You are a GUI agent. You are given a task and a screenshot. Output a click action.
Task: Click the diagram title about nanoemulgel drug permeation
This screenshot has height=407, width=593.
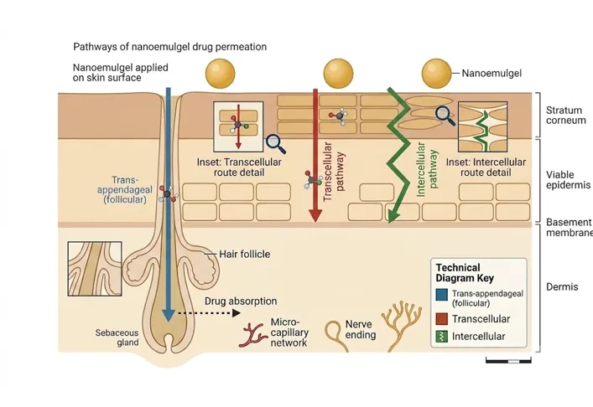point(169,47)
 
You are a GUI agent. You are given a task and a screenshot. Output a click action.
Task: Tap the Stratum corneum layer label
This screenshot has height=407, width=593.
point(566,116)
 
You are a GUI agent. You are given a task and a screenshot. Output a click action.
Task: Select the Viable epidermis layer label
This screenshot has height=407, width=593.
point(568,180)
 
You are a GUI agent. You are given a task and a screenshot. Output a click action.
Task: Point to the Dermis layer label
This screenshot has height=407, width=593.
point(562,287)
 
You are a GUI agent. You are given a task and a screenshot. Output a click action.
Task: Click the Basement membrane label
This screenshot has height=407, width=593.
point(570,227)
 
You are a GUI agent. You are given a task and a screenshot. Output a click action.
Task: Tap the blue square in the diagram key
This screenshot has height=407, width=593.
point(442,295)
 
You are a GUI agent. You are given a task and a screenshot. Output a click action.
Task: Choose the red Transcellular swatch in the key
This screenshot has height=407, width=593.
point(442,319)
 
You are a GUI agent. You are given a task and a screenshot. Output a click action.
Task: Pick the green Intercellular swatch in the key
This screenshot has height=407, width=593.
point(442,337)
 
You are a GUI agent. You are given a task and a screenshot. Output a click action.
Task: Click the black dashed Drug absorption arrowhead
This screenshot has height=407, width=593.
point(236,313)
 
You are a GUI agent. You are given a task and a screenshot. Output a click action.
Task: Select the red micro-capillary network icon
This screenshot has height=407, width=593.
point(252,335)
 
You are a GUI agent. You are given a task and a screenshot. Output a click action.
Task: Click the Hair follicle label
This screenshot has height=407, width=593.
point(244,254)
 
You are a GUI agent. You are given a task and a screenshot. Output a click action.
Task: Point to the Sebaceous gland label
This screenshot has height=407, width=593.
point(117,337)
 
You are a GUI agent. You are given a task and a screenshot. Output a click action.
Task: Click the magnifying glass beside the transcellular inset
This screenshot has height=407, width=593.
point(275,144)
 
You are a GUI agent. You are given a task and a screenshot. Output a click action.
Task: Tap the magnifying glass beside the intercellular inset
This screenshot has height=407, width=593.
point(445,116)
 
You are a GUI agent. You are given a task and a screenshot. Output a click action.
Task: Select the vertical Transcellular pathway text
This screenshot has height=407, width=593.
point(334,172)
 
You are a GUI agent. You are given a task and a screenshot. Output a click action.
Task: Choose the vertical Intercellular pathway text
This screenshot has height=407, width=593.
point(427,169)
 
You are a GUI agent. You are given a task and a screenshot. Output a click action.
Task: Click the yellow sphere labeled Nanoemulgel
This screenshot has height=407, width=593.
point(436,74)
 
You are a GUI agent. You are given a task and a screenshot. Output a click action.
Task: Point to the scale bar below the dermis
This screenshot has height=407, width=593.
point(508,361)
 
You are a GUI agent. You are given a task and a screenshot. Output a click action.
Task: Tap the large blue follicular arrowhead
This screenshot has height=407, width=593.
point(169,315)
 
